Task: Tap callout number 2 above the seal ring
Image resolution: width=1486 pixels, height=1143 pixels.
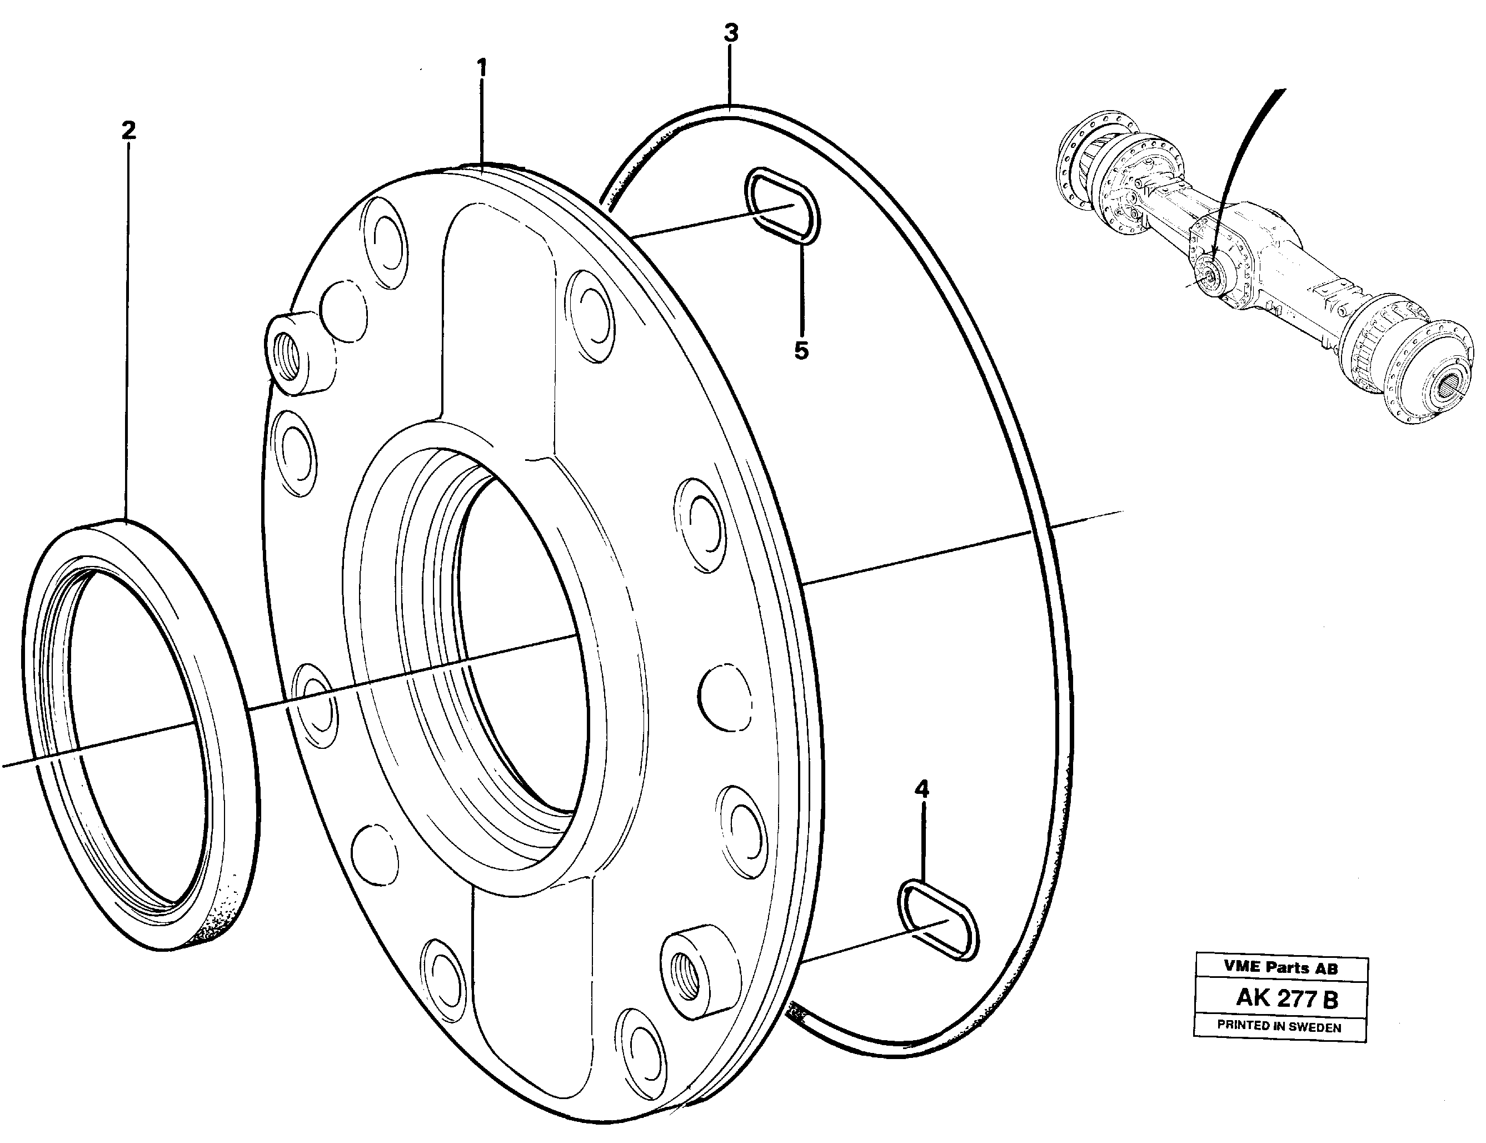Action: click(128, 130)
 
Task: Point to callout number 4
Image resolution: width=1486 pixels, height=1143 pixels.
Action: click(921, 789)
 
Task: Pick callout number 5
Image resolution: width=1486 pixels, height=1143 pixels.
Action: click(801, 351)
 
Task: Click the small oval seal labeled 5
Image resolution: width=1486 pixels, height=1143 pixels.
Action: click(784, 206)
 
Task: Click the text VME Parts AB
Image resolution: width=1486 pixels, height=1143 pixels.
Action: click(1280, 967)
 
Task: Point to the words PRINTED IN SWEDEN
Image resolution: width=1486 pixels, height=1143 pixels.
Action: click(1279, 1027)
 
